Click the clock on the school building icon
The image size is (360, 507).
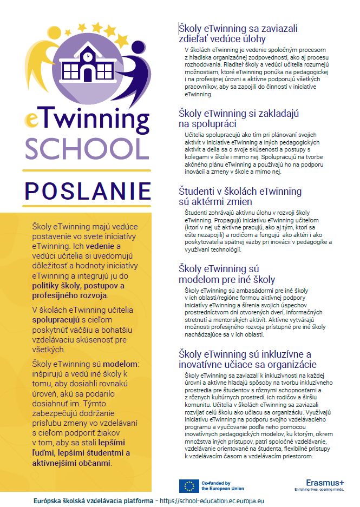click(x=87, y=54)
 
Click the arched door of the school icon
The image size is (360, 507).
click(x=87, y=75)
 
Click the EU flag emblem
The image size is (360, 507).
click(x=189, y=485)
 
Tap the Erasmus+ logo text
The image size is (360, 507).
click(x=324, y=483)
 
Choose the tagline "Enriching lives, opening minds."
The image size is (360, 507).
click(x=323, y=490)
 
